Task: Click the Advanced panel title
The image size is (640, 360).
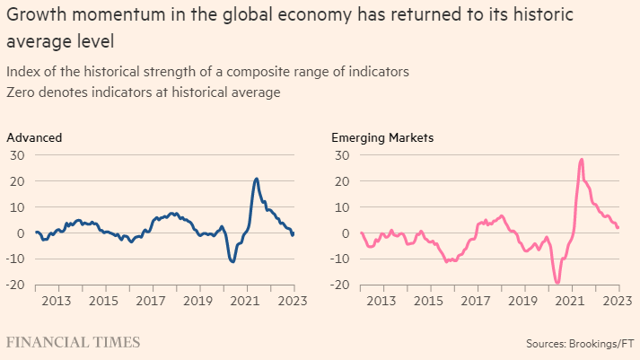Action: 34,137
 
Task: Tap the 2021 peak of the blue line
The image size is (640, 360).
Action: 257,179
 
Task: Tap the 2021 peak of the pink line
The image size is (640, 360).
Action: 582,159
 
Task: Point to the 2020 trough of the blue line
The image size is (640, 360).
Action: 232,261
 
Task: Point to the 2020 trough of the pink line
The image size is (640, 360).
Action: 557,283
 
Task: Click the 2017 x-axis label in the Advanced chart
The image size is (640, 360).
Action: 151,300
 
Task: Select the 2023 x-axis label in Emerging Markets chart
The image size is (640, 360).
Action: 618,300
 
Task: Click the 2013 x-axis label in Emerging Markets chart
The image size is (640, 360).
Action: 381,300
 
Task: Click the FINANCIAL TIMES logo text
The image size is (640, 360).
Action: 74,342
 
